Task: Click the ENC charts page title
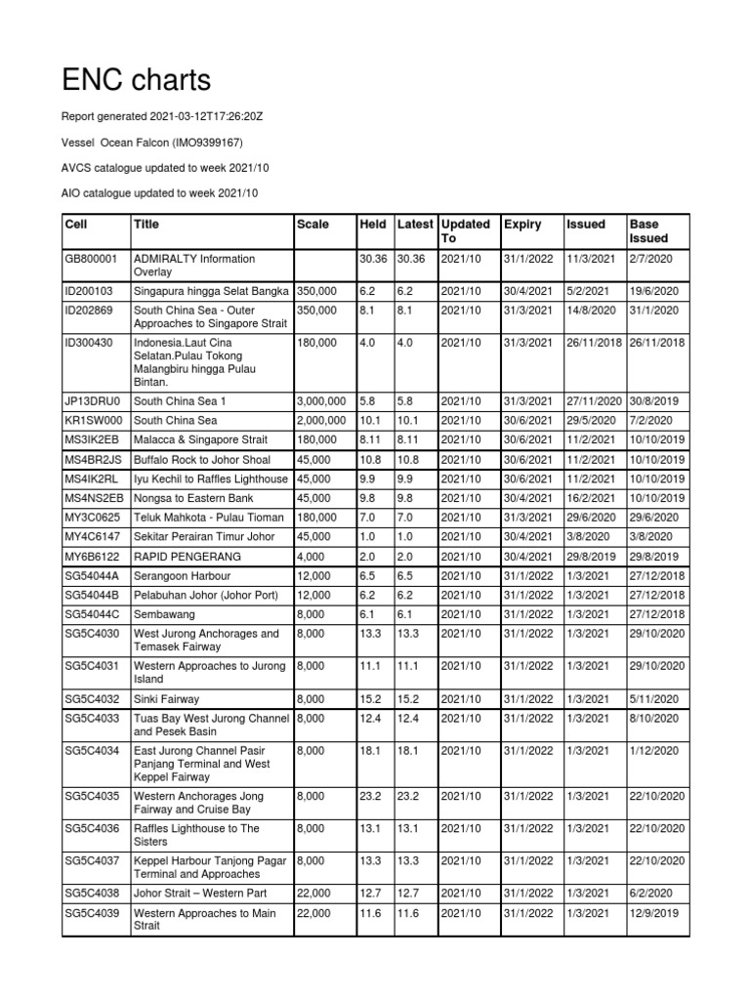tap(136, 79)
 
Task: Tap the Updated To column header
tap(465, 230)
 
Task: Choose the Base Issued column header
tap(649, 230)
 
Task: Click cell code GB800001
tap(90, 259)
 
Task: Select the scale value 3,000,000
tap(320, 400)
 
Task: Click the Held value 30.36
tap(373, 259)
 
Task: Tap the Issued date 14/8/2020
tap(592, 311)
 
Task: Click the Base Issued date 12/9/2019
tap(655, 913)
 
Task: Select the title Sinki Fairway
tap(169, 699)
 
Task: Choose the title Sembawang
tap(164, 614)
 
